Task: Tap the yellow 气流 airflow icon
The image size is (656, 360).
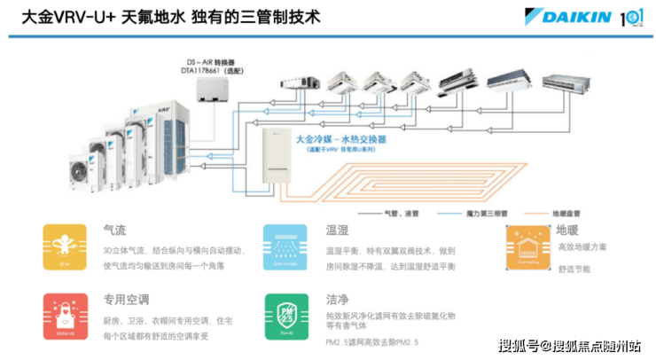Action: pyautogui.click(x=65, y=247)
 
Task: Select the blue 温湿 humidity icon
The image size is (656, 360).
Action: pyautogui.click(x=285, y=247)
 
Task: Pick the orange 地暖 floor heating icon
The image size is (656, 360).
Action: pyautogui.click(x=527, y=247)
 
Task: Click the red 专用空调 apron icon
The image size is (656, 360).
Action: pyautogui.click(x=65, y=316)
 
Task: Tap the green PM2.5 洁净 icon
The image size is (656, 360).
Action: pyautogui.click(x=285, y=316)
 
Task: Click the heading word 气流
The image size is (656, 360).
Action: pyautogui.click(x=114, y=231)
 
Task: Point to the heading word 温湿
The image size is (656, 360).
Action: pyautogui.click(x=336, y=231)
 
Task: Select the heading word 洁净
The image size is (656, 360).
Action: pyautogui.click(x=336, y=300)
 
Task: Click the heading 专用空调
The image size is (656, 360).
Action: pyautogui.click(x=127, y=300)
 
